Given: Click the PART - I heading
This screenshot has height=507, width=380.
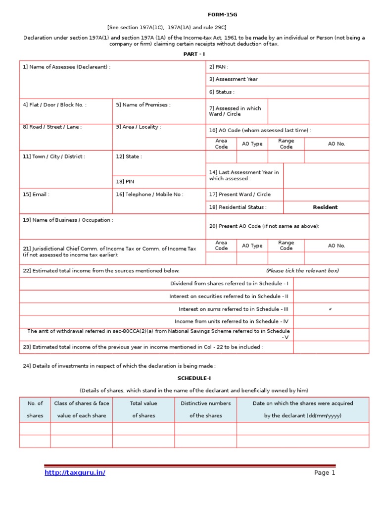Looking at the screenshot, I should pos(194,53).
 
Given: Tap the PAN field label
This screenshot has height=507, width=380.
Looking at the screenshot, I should pos(219,67).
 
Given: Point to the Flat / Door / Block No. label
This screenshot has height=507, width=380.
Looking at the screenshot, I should pos(54,105).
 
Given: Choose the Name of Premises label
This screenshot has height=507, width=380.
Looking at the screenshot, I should pos(143,105).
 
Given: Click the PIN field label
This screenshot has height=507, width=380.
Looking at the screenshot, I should pos(125,182).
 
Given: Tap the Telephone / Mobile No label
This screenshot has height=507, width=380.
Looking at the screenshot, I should pos(149,195).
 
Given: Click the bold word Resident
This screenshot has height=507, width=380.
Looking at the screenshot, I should pos(325,207).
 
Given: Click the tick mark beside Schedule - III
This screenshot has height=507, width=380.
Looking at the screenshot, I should pos(330,309).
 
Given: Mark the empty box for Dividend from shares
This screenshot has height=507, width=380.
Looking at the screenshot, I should pos(331,284).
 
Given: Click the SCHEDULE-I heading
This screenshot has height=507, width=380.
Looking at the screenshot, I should pos(194,378).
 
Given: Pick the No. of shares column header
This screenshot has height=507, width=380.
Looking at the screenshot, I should pos(35,409).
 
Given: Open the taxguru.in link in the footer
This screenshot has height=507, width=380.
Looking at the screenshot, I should pos(75,473).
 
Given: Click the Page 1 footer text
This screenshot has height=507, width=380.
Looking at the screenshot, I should pos(325,473).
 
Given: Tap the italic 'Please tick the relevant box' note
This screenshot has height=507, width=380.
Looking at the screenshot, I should pos(302,271).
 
